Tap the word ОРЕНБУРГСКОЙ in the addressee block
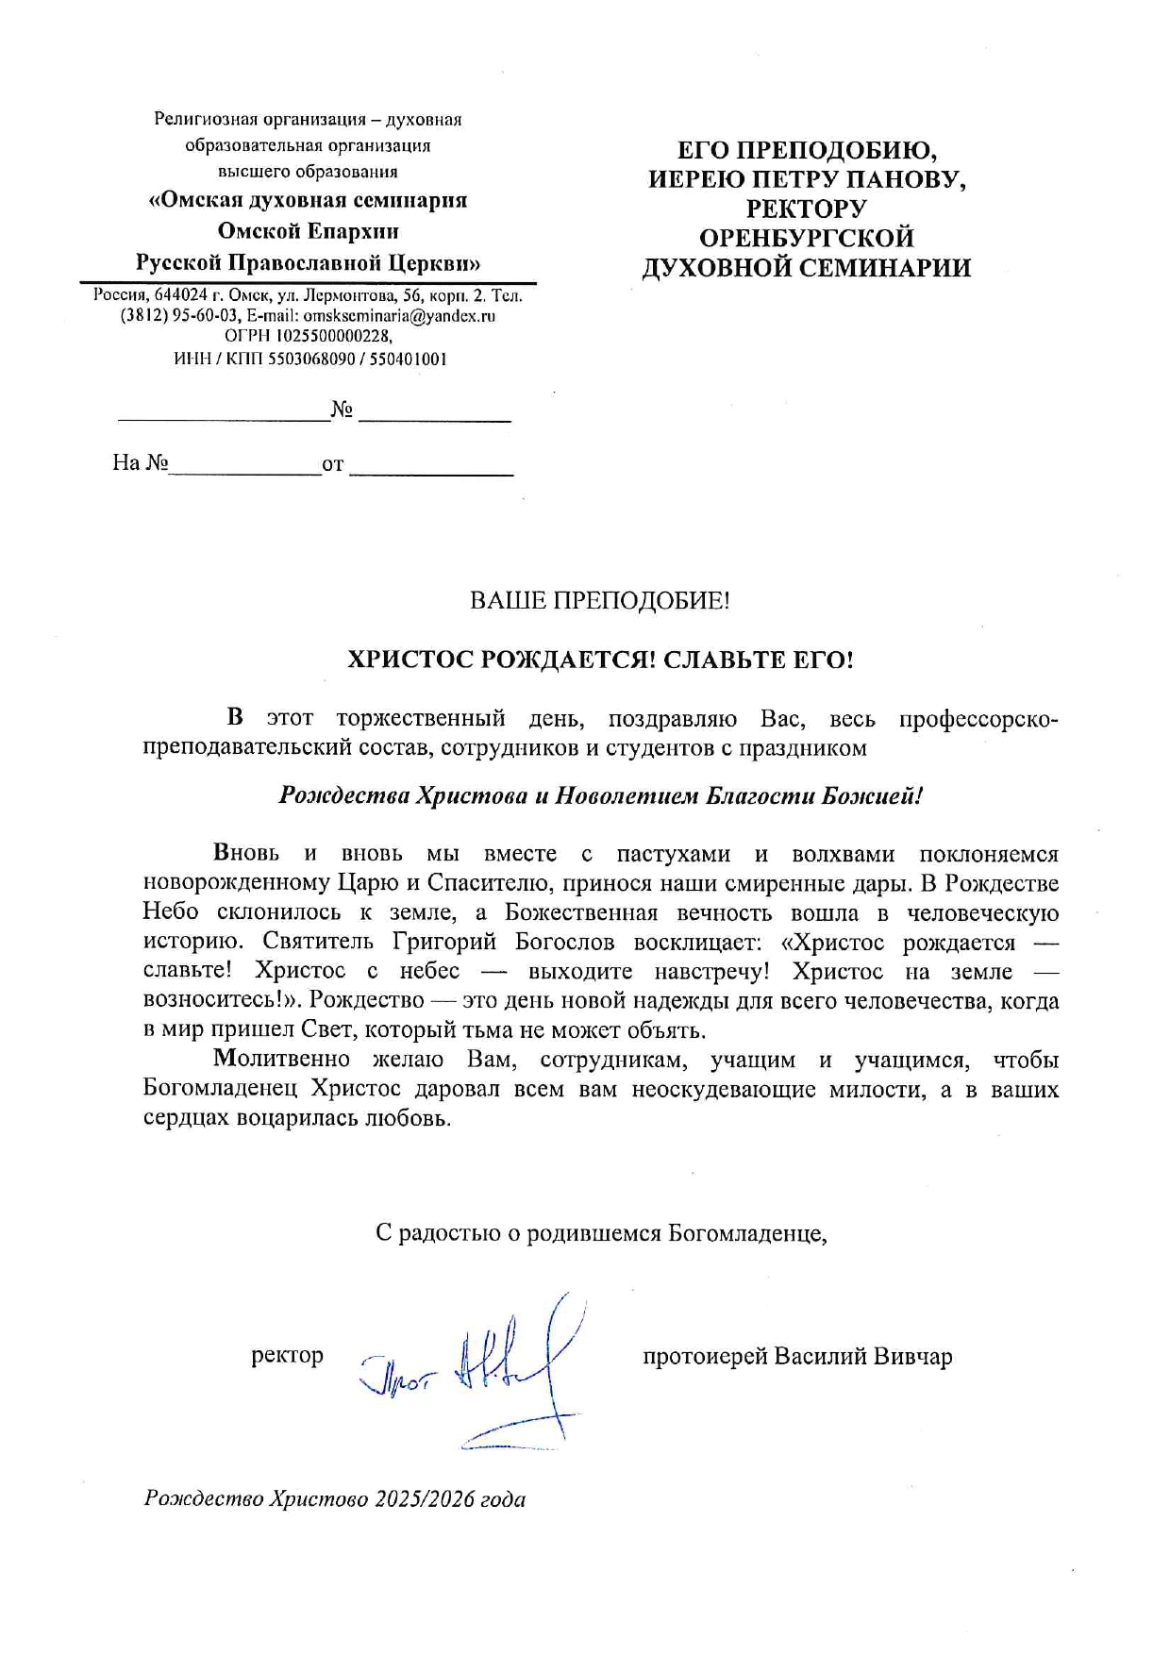806,238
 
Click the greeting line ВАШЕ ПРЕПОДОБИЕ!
599,601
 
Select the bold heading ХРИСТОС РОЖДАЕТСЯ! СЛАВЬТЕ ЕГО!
600,660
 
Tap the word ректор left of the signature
287,1356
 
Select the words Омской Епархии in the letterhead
308,231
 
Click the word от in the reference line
333,465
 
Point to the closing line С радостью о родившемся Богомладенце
601,1233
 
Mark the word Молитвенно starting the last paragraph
281,1061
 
